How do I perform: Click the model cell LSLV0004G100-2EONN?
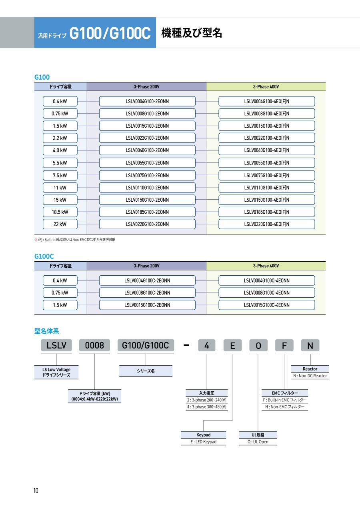[x=147, y=101]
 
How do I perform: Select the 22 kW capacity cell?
[x=60, y=224]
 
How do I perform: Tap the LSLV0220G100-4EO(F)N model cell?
[x=266, y=224]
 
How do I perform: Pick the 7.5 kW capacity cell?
[x=60, y=175]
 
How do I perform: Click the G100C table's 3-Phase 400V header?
[x=266, y=266]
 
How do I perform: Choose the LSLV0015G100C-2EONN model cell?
[x=147, y=305]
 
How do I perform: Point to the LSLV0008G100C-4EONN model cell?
[x=266, y=293]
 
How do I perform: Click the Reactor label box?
[x=310, y=369]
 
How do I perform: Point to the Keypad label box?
[x=203, y=435]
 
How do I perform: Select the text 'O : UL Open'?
[x=258, y=442]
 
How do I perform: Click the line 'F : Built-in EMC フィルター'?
[x=285, y=400]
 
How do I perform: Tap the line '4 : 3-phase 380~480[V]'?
[x=206, y=407]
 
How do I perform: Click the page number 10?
[x=36, y=491]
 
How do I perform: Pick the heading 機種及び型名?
[x=192, y=33]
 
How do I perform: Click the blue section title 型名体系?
[x=47, y=331]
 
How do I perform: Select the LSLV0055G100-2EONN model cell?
[x=147, y=163]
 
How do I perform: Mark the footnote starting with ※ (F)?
[x=75, y=240]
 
